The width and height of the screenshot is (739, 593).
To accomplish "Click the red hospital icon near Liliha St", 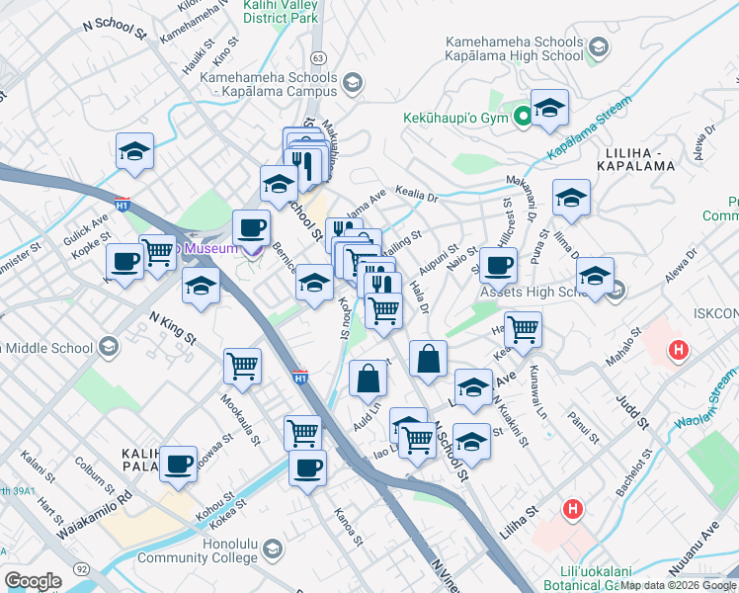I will pyautogui.click(x=571, y=510).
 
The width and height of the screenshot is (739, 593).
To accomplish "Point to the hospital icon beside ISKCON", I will pyautogui.click(x=679, y=349).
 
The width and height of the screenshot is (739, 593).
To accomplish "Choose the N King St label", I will pyautogui.click(x=172, y=327).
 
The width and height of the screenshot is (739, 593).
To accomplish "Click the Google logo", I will pyautogui.click(x=33, y=581).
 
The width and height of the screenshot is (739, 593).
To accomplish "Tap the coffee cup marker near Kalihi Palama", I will pyautogui.click(x=179, y=463).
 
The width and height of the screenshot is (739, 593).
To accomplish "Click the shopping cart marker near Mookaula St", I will pyautogui.click(x=242, y=367).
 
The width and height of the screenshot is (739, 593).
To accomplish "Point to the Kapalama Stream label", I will pyautogui.click(x=591, y=133).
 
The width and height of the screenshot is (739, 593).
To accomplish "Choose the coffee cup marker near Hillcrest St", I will pyautogui.click(x=499, y=264).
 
